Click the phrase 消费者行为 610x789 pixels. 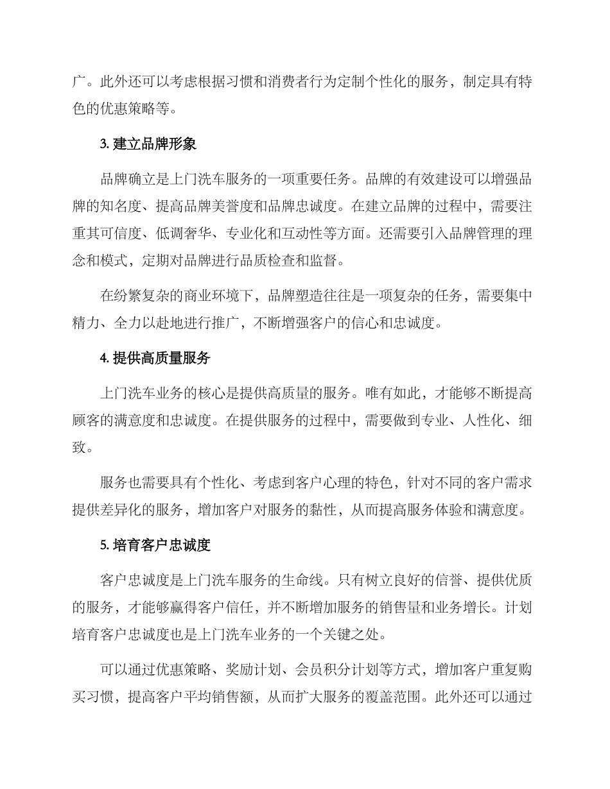point(332,83)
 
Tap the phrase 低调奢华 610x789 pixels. point(185,234)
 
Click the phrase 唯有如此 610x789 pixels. point(406,393)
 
